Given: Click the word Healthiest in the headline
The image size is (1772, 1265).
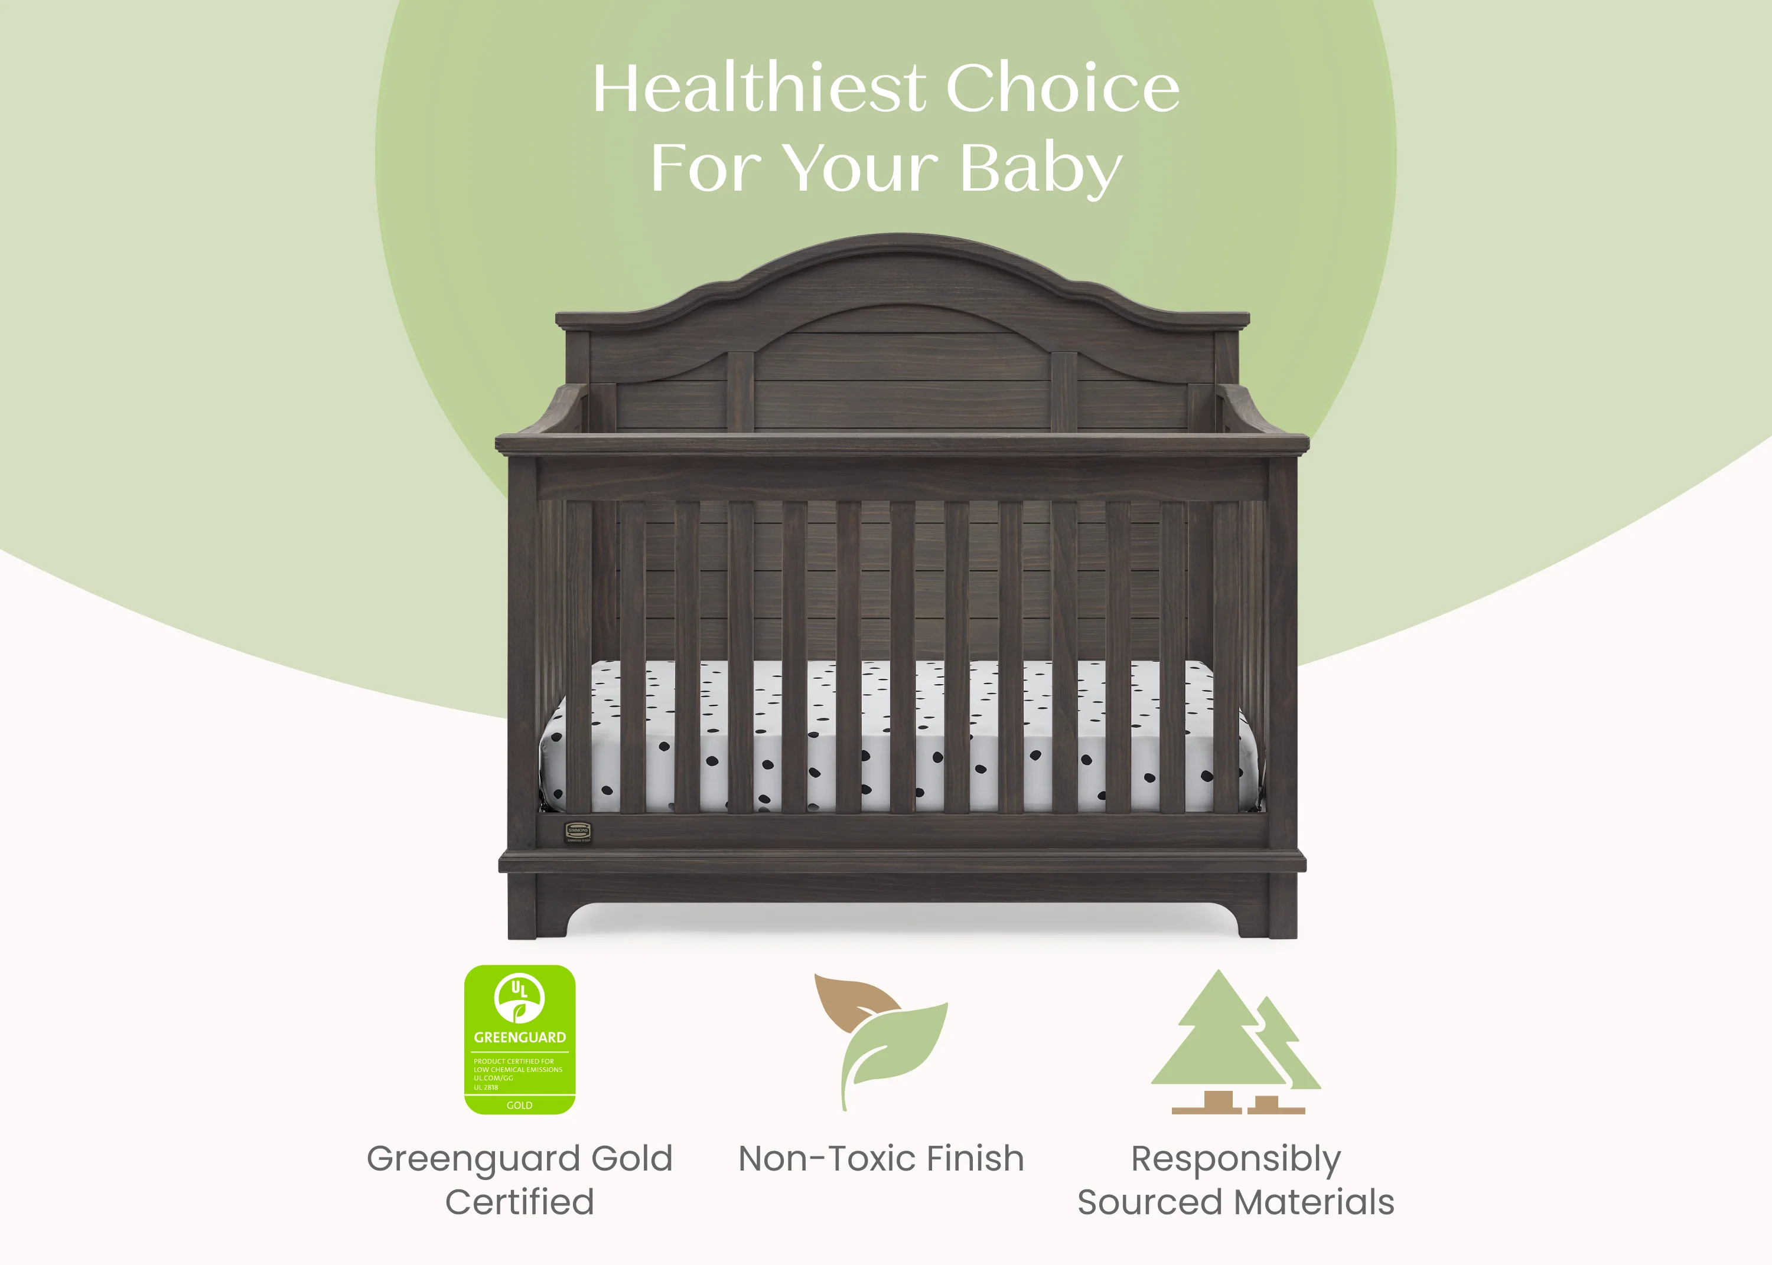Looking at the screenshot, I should tap(759, 88).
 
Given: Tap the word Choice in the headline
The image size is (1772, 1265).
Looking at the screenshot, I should tap(1062, 88).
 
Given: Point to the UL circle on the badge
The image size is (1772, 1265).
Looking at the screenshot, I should tap(520, 997).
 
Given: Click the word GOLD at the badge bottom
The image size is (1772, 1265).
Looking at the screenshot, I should tap(520, 1105).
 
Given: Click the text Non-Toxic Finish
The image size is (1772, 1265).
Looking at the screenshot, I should tap(881, 1158).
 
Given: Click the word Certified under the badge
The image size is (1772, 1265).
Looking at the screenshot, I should tap(520, 1202).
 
